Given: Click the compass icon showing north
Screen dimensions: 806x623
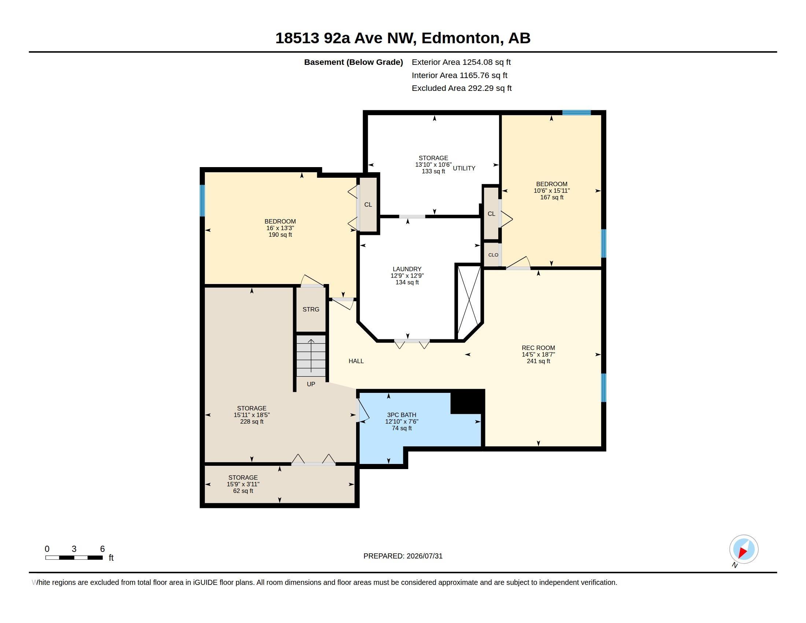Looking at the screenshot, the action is click(744, 550).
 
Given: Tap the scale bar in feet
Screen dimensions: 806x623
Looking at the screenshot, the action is click(74, 557).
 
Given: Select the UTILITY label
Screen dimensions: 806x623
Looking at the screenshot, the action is click(464, 168).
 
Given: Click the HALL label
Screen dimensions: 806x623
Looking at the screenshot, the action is click(356, 361).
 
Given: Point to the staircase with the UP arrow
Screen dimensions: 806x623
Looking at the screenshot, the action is click(311, 356).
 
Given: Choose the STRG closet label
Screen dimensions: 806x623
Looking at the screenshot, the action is click(311, 309).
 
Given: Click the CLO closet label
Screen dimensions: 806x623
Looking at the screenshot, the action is click(493, 255).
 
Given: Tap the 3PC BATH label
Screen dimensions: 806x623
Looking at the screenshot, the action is click(402, 415).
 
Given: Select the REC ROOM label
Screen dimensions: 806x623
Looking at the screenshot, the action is click(538, 348).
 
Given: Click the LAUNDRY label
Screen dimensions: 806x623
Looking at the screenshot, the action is click(407, 269).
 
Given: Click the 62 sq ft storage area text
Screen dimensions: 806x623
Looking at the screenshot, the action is click(243, 491).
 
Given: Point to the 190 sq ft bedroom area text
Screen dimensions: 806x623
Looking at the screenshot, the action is click(280, 235).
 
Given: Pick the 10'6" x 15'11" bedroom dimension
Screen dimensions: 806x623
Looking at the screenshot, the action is click(552, 191).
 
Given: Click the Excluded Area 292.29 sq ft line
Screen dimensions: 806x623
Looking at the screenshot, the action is click(462, 88).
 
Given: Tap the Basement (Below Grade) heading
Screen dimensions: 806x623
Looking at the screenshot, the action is click(353, 62).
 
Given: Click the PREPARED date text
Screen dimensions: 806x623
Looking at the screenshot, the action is click(403, 556).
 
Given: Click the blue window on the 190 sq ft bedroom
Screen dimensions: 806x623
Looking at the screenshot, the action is click(202, 200).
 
